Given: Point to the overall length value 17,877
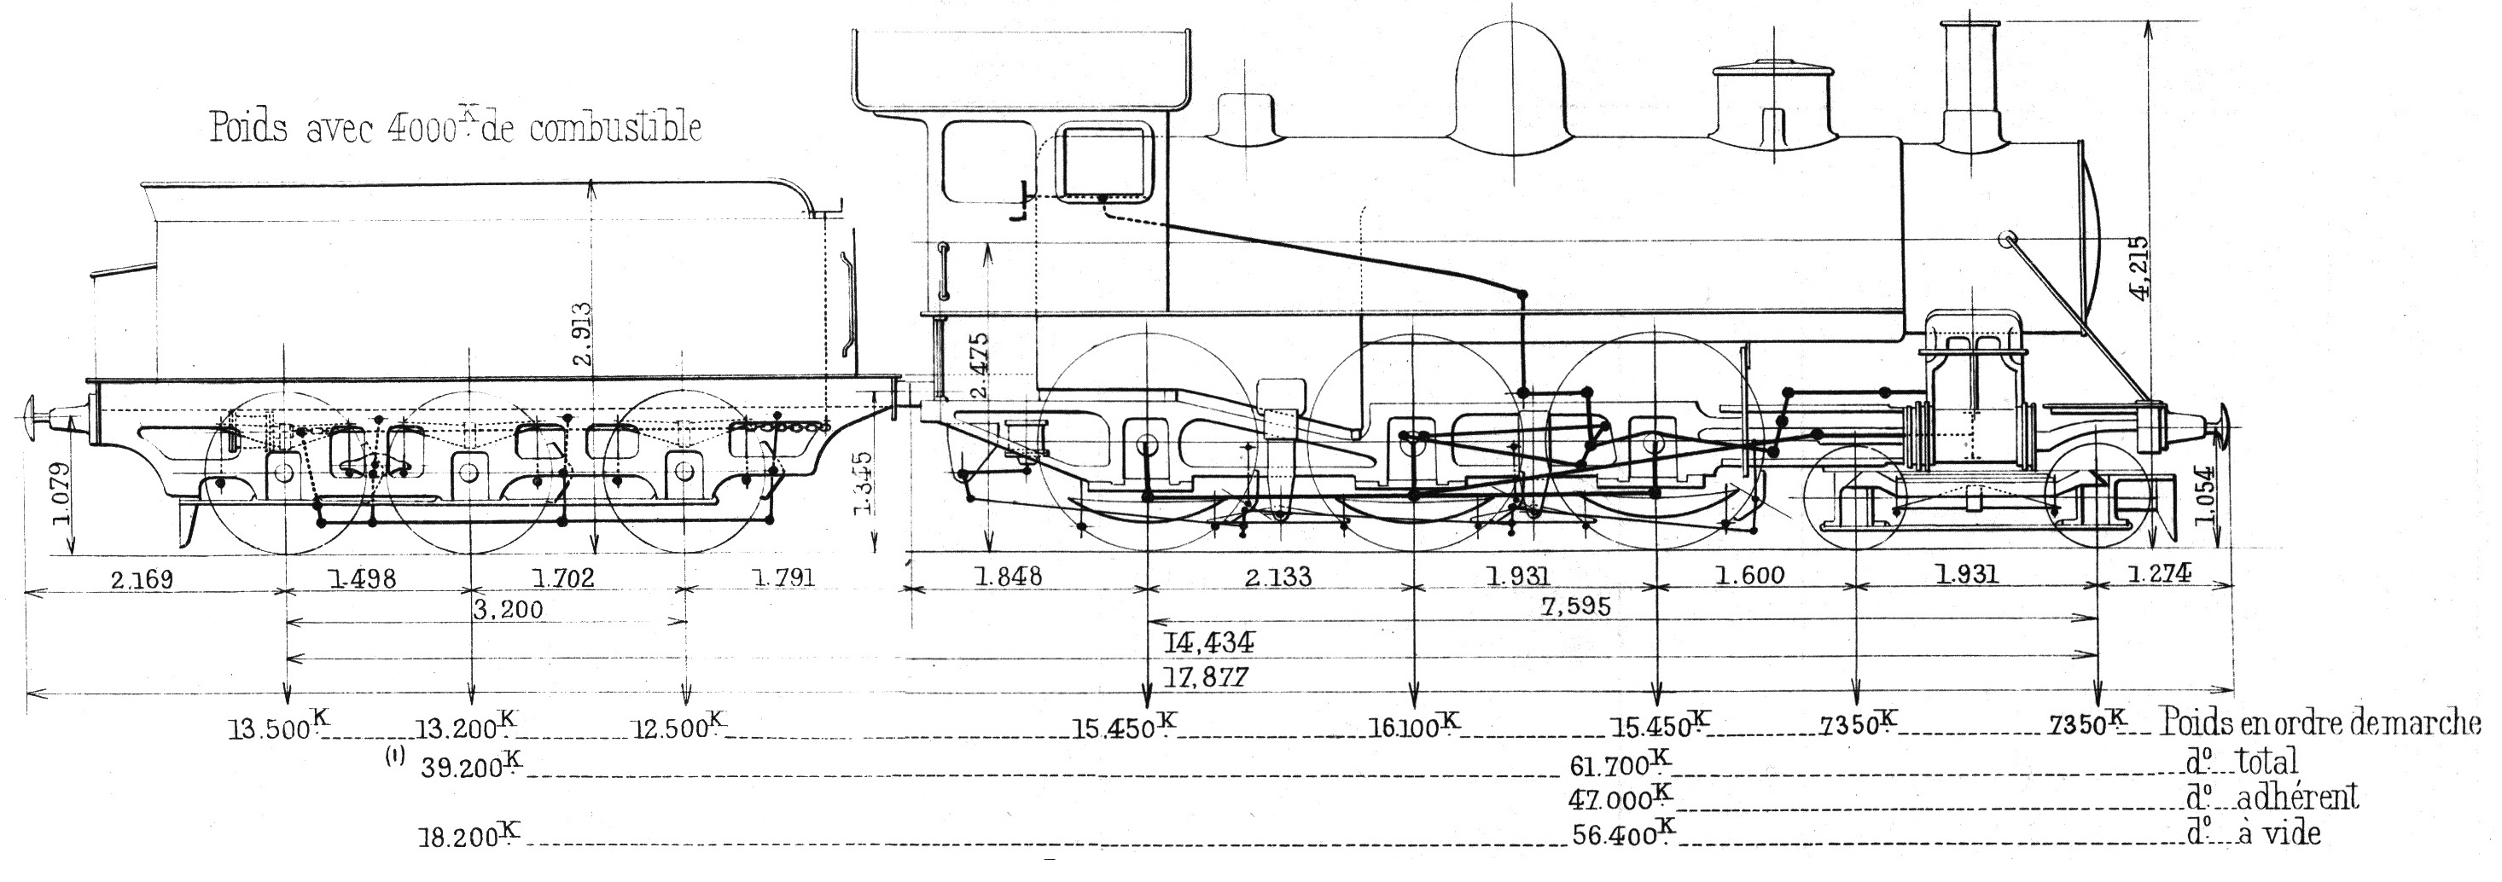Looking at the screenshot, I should pos(1207,677).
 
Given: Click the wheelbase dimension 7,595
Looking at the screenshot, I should pos(1575,607).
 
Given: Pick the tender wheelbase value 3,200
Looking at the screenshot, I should pos(508,610).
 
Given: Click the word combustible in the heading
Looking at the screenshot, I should pos(614,128).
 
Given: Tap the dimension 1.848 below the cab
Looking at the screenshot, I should pos(1008,576).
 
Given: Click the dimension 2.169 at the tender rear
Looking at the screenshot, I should pos(142,580).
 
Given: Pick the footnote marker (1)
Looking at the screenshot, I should pos(394,758).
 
